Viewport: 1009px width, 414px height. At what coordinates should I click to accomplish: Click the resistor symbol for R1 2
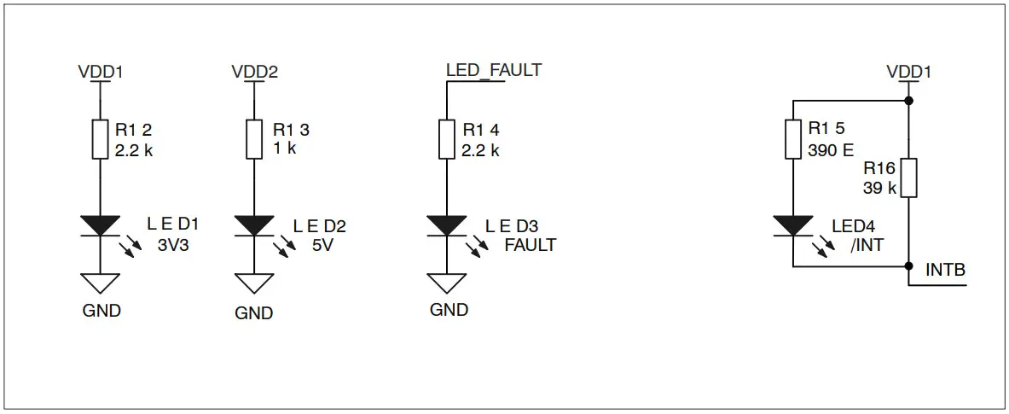click(x=101, y=139)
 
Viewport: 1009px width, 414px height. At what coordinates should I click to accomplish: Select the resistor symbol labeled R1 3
click(x=253, y=139)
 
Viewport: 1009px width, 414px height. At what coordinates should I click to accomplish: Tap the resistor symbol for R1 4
click(x=447, y=139)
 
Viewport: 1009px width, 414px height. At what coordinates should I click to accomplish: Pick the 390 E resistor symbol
click(x=793, y=139)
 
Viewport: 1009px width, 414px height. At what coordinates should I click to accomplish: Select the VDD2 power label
click(x=254, y=72)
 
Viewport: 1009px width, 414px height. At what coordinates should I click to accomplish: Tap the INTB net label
click(x=945, y=271)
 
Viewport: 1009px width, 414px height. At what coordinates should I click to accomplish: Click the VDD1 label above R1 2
click(x=101, y=72)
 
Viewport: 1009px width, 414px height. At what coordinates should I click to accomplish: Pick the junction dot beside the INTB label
click(x=908, y=267)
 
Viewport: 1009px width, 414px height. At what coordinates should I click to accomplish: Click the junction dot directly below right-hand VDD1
click(x=908, y=101)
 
